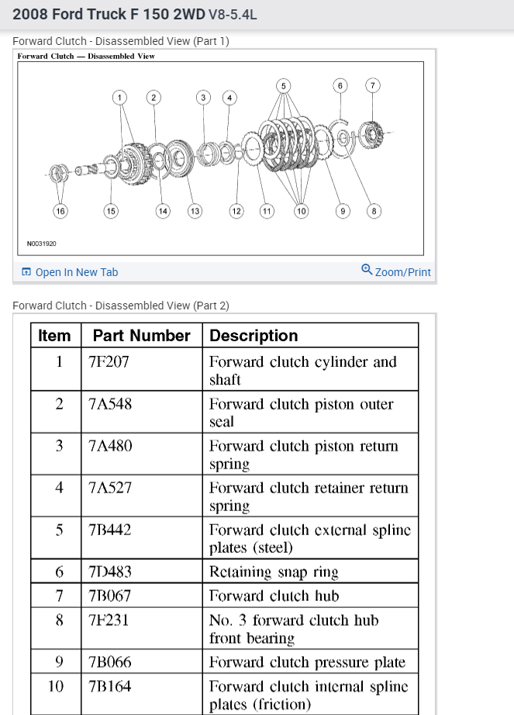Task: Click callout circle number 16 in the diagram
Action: pyautogui.click(x=60, y=210)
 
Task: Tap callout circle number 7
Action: pyautogui.click(x=373, y=85)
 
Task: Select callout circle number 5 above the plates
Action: pyautogui.click(x=283, y=85)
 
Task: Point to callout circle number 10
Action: pyautogui.click(x=301, y=210)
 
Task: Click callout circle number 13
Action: pyautogui.click(x=195, y=210)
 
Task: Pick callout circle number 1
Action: pyautogui.click(x=119, y=97)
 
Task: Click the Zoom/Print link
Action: pyautogui.click(x=396, y=271)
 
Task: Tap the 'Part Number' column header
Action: pyautogui.click(x=141, y=336)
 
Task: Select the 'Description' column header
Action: pyautogui.click(x=254, y=336)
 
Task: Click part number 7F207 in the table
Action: pyautogui.click(x=109, y=362)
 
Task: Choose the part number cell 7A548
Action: pyautogui.click(x=110, y=404)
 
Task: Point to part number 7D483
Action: pyautogui.click(x=110, y=572)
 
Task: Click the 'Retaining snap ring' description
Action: pyautogui.click(x=274, y=572)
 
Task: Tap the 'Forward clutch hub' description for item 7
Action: pyautogui.click(x=274, y=596)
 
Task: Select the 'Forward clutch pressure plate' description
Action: pyautogui.click(x=307, y=662)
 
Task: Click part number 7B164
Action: pyautogui.click(x=110, y=686)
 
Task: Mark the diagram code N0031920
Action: pyautogui.click(x=42, y=244)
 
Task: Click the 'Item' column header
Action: pyautogui.click(x=54, y=336)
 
